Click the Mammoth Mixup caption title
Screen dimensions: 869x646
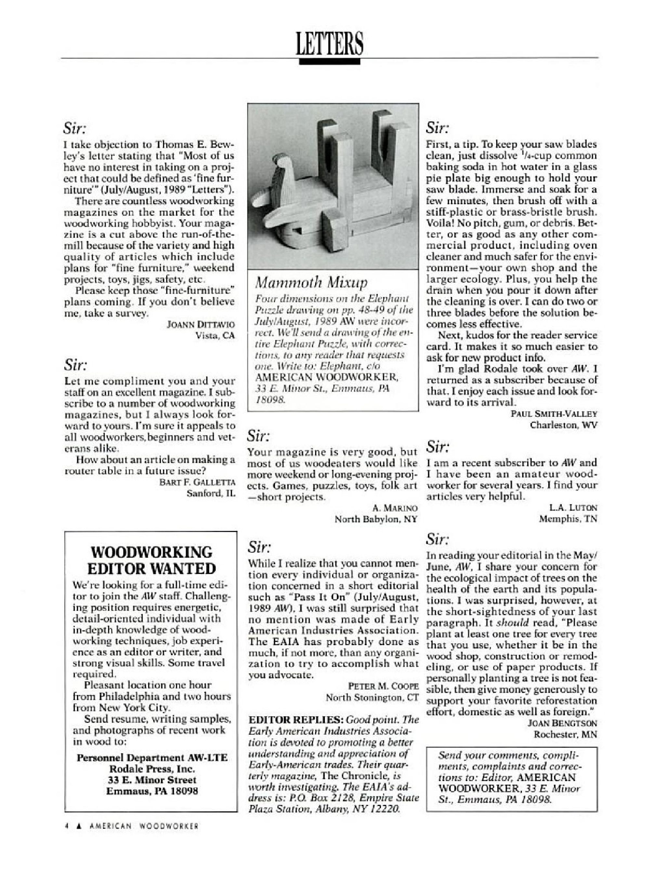pyautogui.click(x=311, y=281)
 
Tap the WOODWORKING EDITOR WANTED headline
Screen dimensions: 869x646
pyautogui.click(x=152, y=560)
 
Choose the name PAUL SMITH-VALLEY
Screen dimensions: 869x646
pyautogui.click(x=554, y=414)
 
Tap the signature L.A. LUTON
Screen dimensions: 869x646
pyautogui.click(x=573, y=508)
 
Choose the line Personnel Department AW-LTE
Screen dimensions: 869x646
pyautogui.click(x=152, y=758)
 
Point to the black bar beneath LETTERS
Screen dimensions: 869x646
pyautogui.click(x=329, y=61)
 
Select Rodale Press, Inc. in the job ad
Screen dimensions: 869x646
pyautogui.click(x=152, y=769)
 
